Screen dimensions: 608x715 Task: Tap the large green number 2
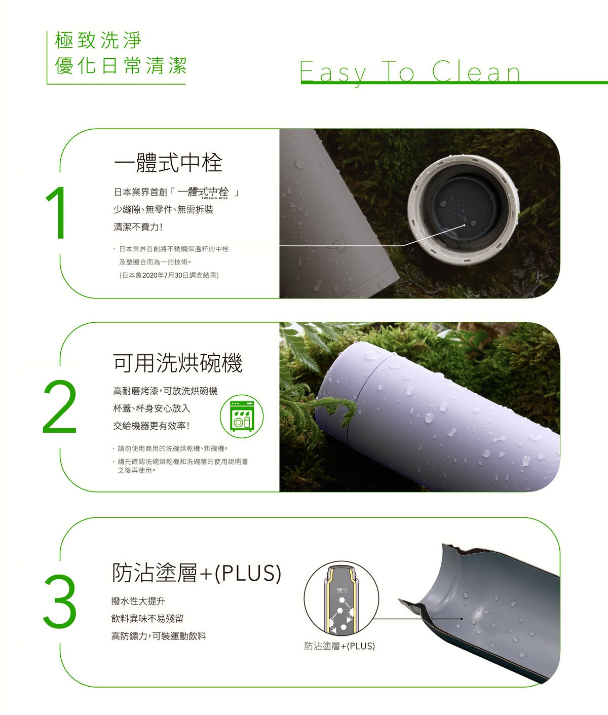[x=60, y=407]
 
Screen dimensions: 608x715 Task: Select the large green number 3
[x=60, y=601]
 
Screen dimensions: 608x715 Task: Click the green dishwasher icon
[x=242, y=417]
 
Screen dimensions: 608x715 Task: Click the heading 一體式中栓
[x=168, y=163]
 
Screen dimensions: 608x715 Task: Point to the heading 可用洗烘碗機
[x=177, y=363]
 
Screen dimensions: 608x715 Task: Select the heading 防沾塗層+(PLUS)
[x=197, y=573]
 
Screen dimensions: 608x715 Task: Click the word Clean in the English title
[x=476, y=71]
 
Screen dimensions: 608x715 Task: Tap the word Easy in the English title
[x=333, y=73]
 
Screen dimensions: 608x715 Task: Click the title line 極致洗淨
[x=98, y=40]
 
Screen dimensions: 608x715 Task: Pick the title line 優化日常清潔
[x=121, y=65]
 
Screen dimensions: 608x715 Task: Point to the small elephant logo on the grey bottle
[x=339, y=245]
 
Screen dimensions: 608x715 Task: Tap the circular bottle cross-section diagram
[x=341, y=599]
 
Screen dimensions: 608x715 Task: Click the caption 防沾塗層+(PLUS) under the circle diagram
[x=339, y=646]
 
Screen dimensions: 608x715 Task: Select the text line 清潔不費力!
[x=138, y=227]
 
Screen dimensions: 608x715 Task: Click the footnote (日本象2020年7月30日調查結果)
[x=169, y=275]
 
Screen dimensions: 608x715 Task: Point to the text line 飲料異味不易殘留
[x=147, y=619]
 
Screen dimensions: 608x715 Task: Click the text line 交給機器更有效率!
[x=151, y=426]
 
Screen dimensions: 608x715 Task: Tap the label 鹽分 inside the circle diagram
[x=343, y=590]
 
